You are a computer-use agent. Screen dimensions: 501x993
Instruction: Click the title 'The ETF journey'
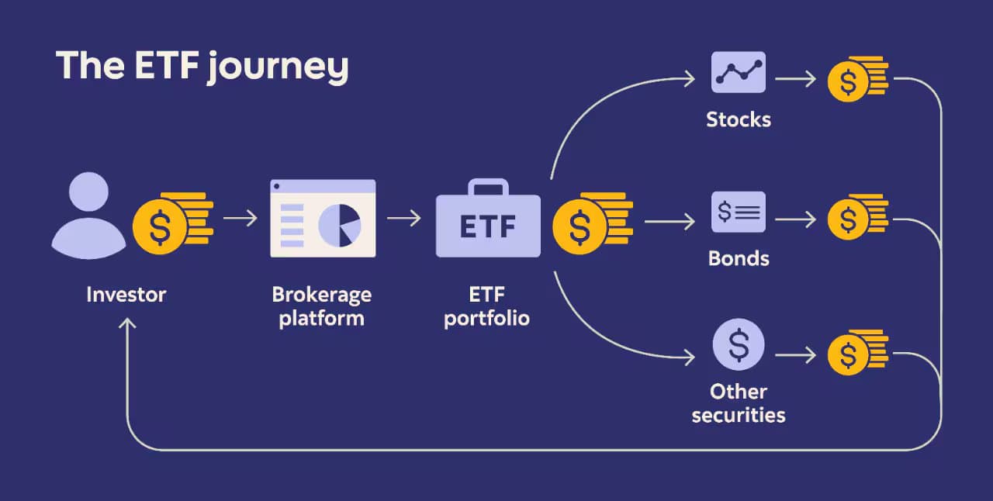click(202, 67)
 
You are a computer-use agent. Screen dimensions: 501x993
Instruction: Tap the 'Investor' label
click(126, 295)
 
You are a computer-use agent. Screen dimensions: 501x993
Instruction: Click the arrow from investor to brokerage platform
click(240, 219)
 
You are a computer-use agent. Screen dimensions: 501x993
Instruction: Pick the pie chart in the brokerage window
click(340, 226)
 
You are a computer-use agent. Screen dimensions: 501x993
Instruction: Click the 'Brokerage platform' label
click(321, 307)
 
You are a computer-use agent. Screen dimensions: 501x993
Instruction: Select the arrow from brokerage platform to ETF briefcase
click(403, 219)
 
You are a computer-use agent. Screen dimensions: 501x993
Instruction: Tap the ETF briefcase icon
click(488, 222)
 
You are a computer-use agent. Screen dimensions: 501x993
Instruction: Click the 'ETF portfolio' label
click(487, 307)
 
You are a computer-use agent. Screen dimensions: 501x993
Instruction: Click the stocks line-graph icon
click(739, 72)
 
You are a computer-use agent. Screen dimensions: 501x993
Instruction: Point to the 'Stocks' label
click(739, 119)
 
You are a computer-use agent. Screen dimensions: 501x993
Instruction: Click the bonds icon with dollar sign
click(739, 212)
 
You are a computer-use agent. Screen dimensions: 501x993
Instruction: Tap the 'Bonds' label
click(739, 258)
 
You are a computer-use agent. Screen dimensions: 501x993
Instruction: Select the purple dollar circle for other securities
click(739, 344)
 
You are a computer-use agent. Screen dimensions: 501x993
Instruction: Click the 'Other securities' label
click(739, 403)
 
